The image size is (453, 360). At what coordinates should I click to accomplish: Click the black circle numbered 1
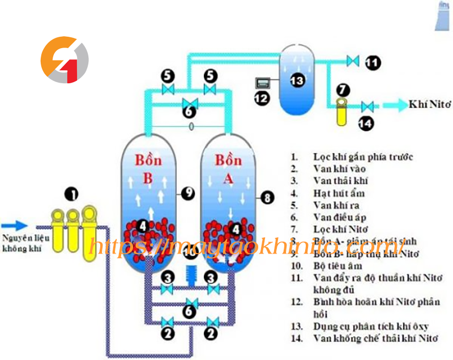coord(71,195)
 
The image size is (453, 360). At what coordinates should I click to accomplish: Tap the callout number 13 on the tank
coord(297,80)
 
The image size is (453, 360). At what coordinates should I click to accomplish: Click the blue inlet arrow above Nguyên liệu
coord(18,224)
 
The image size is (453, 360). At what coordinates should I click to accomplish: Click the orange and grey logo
coord(64,59)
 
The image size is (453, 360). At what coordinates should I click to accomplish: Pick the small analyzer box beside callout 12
coord(262,83)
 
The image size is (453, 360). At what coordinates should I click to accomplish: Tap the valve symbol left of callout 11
coord(353,60)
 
